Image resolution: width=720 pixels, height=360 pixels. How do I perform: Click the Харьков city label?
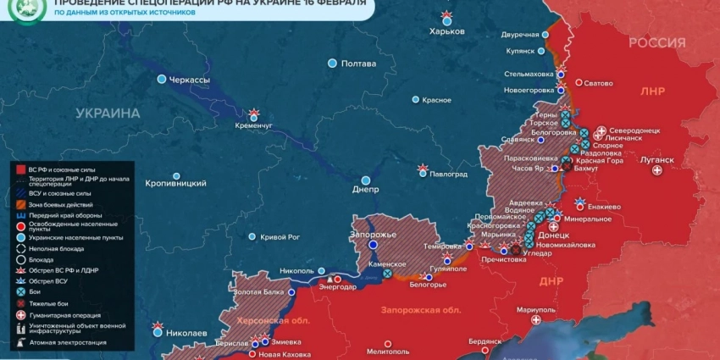pyautogui.click(x=447, y=31)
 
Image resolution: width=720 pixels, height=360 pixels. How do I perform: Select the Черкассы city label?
pyautogui.click(x=189, y=80)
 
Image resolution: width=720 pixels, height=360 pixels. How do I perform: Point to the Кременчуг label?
pyautogui.click(x=254, y=125)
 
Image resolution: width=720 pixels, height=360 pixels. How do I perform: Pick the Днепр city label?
pyautogui.click(x=365, y=190)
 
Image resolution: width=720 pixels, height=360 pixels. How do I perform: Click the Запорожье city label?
pyautogui.click(x=373, y=234)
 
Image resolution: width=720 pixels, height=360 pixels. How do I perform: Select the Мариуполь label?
pyautogui.click(x=535, y=309)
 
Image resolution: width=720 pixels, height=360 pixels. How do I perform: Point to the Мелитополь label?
pyautogui.click(x=389, y=351)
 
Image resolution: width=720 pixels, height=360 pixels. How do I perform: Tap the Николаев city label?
pyautogui.click(x=186, y=333)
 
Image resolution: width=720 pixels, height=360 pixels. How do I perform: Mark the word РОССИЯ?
pyautogui.click(x=657, y=43)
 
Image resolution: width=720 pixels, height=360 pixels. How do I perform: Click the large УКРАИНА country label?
pyautogui.click(x=107, y=114)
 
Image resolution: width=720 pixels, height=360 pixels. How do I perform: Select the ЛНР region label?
pyautogui.click(x=653, y=91)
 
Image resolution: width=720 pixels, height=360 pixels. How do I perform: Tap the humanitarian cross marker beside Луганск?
pyautogui.click(x=657, y=171)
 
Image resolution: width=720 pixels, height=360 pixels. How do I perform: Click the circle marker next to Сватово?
pyautogui.click(x=579, y=83)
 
